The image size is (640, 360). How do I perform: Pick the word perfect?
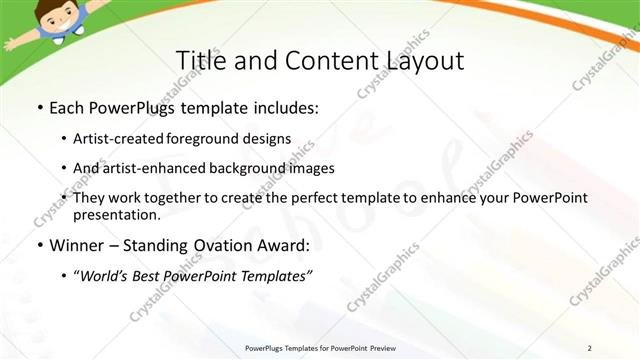tap(307, 198)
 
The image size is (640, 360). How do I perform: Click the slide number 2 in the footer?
tap(590, 348)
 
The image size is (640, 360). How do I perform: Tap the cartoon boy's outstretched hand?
tap(9, 43)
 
